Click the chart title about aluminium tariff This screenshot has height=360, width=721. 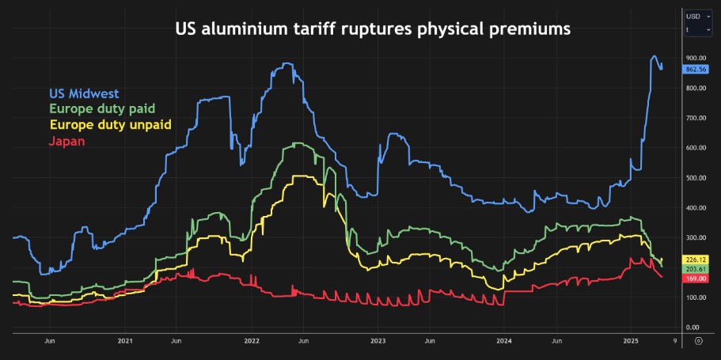click(372, 30)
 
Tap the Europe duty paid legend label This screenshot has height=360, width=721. click(102, 109)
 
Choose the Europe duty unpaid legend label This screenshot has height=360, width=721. click(110, 125)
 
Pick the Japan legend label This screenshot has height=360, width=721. click(66, 141)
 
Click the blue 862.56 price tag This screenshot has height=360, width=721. click(696, 69)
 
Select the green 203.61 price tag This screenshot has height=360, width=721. click(696, 269)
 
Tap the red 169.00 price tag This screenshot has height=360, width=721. click(696, 279)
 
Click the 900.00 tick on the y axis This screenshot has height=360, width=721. click(696, 59)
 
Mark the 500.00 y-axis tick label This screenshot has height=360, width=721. click(696, 178)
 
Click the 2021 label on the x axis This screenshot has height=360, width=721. click(125, 341)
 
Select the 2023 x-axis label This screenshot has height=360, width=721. click(378, 341)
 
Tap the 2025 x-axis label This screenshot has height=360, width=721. click(631, 341)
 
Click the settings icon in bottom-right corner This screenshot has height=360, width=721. click(698, 341)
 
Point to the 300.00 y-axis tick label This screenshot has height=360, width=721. click(696, 237)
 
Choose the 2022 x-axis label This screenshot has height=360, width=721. click(252, 341)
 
